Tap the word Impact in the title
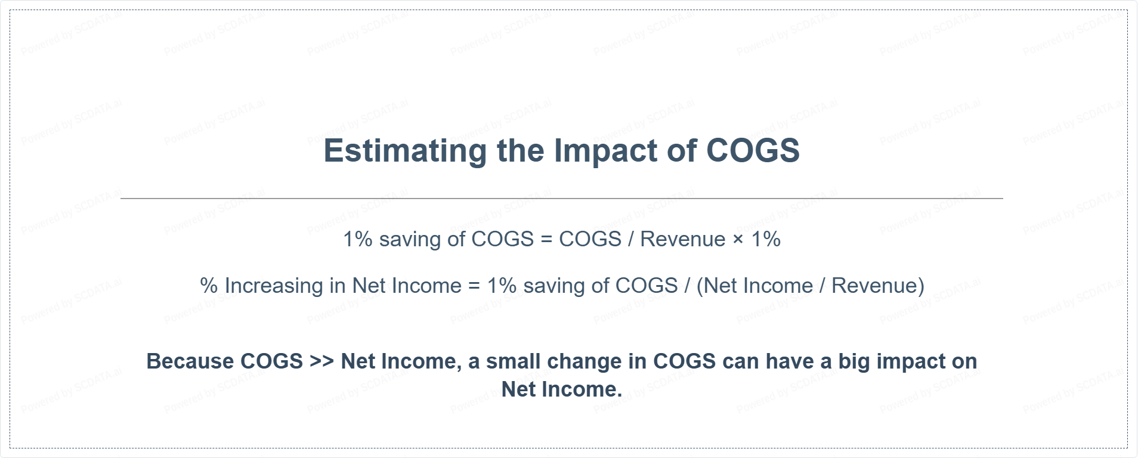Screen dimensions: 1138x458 (605, 151)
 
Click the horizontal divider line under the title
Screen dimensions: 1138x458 (562, 198)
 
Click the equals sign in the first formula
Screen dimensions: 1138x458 (546, 240)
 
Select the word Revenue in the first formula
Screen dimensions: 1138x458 (683, 239)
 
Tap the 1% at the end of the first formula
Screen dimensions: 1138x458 (766, 239)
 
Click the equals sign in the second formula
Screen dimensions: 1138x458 (474, 286)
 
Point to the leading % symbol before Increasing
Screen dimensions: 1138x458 (209, 286)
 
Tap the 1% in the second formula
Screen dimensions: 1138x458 (502, 286)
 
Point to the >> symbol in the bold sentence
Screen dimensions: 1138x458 (322, 362)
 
